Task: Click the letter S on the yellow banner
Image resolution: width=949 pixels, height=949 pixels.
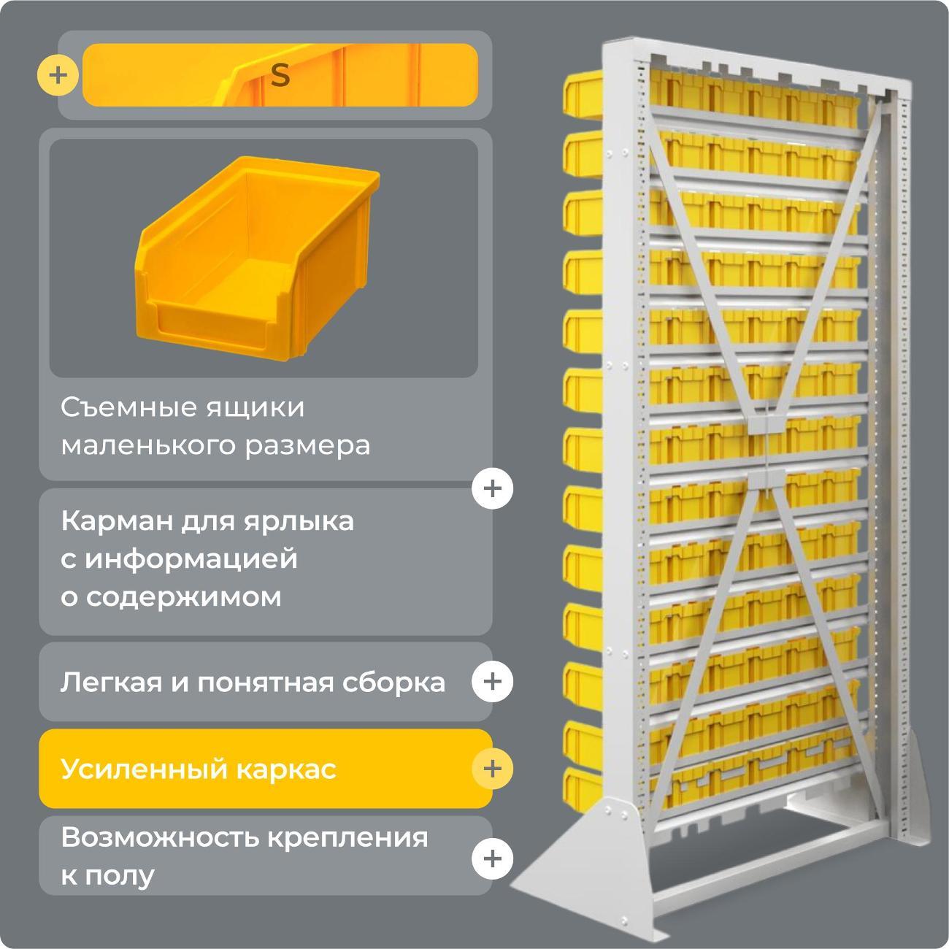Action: [x=280, y=76]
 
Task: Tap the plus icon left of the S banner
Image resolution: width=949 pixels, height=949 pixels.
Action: [x=58, y=75]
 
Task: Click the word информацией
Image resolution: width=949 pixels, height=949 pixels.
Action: [x=191, y=559]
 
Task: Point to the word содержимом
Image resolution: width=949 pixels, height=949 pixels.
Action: [x=183, y=597]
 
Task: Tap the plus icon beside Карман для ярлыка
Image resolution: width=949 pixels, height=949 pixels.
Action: [x=492, y=488]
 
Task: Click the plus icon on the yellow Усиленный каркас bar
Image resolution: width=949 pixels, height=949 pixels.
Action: [x=492, y=769]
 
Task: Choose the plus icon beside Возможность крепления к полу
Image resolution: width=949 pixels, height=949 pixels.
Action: [x=492, y=857]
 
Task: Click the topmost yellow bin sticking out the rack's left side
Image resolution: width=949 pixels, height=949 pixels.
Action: [x=582, y=93]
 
